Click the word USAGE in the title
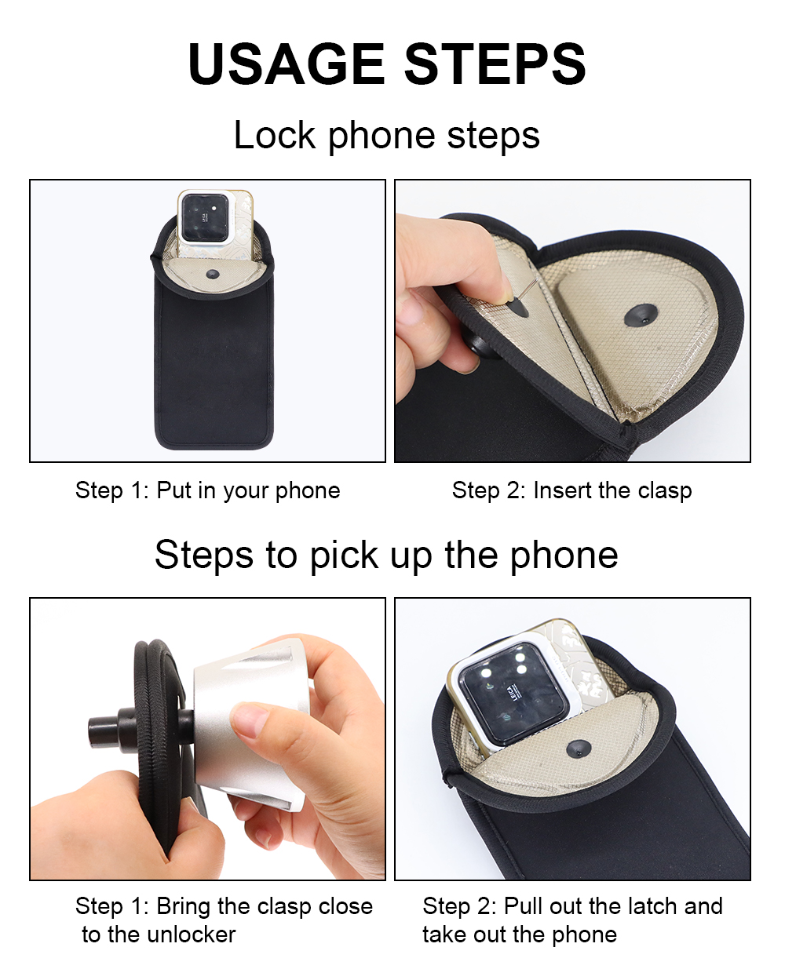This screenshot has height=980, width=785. pos(287,64)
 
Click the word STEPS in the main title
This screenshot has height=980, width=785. pos(495,64)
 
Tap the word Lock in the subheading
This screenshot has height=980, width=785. pos(275,135)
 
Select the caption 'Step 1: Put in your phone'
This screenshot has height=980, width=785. pos(208,490)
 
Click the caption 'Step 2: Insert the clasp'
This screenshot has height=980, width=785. pos(571,490)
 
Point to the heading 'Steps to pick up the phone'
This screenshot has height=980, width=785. pos(386,555)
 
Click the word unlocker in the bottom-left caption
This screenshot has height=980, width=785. pos(192,934)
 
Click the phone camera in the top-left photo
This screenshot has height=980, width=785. pos(205,218)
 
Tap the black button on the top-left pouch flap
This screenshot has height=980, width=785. pos(212,274)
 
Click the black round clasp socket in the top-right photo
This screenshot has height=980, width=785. pos(641,315)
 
